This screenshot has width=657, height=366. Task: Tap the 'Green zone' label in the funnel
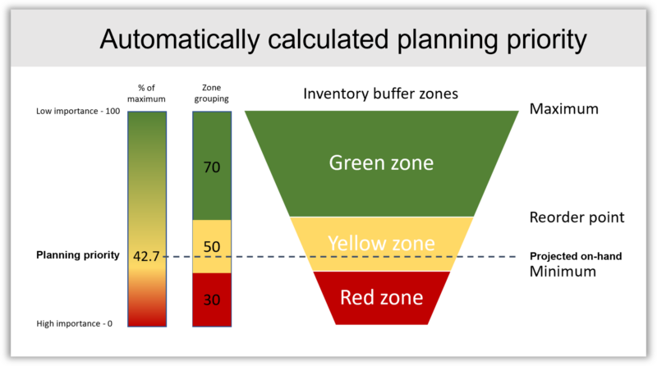click(x=381, y=162)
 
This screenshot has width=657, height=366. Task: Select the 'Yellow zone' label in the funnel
click(x=381, y=243)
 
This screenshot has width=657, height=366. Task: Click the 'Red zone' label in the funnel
click(x=381, y=297)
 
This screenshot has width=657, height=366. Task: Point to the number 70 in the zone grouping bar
click(x=212, y=167)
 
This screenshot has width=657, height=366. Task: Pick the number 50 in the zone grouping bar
click(x=212, y=247)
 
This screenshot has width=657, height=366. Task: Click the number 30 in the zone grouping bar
click(x=212, y=300)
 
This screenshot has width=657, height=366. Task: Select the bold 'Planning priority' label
click(x=78, y=255)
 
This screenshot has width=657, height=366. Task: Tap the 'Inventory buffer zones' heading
click(x=380, y=94)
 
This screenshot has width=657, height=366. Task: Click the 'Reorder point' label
click(x=577, y=217)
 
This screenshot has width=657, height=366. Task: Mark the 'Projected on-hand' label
click(x=576, y=256)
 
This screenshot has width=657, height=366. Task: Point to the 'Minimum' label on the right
click(x=563, y=272)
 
